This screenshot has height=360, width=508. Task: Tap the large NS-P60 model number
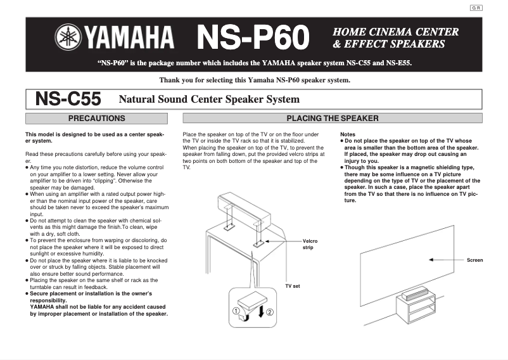(x=253, y=38)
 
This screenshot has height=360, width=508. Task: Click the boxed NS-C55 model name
(x=68, y=99)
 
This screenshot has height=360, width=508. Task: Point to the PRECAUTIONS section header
(x=96, y=118)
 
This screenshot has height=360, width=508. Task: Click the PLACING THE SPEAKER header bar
(x=333, y=118)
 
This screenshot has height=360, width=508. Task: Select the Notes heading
(x=348, y=134)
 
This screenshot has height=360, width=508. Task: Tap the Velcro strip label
(x=310, y=244)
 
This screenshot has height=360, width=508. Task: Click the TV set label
(x=293, y=286)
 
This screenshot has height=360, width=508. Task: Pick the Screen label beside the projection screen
(x=474, y=260)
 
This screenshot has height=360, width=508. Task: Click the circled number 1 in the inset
(x=235, y=311)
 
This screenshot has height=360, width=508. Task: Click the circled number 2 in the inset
(x=270, y=312)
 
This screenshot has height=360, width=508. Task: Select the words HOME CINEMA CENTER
(x=396, y=32)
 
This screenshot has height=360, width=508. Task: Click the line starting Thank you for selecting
(x=255, y=80)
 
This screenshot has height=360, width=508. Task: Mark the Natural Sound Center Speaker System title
(x=209, y=100)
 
